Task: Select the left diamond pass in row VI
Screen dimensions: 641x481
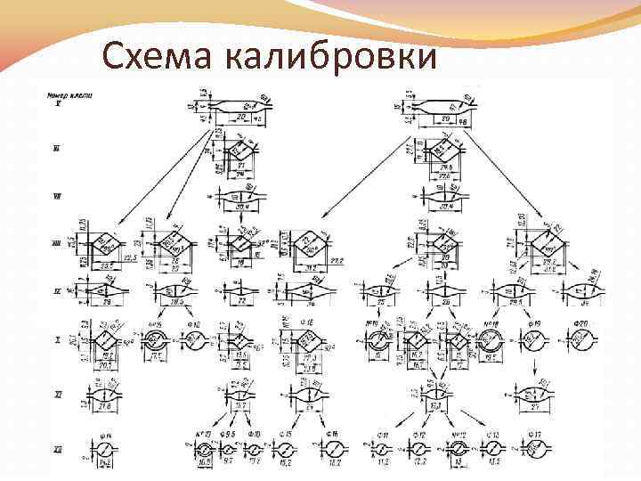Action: [x=238, y=150]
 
